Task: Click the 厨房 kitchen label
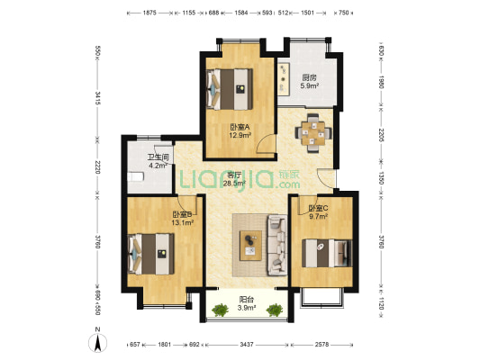click(x=308, y=77)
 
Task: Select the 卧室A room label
click(x=240, y=127)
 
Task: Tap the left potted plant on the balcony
click(x=219, y=311)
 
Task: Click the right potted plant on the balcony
click(x=274, y=311)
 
